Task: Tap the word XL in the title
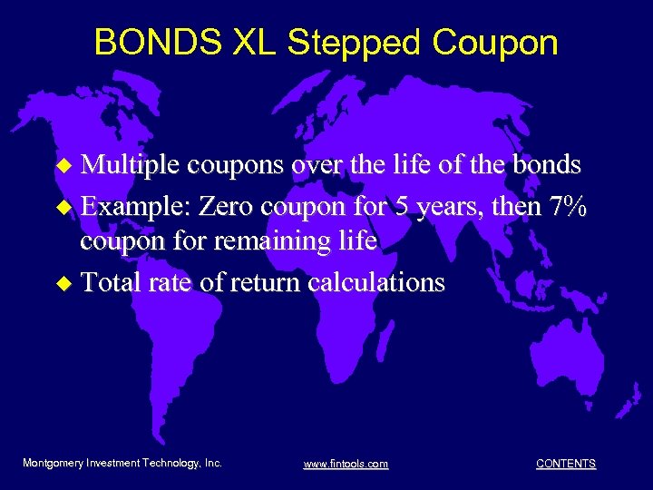pyautogui.click(x=235, y=42)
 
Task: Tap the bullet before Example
pyautogui.click(x=63, y=207)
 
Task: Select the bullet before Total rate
pyautogui.click(x=63, y=283)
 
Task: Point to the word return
pyautogui.click(x=266, y=282)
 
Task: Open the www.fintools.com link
pyautogui.click(x=346, y=464)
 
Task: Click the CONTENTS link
pyautogui.click(x=566, y=464)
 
